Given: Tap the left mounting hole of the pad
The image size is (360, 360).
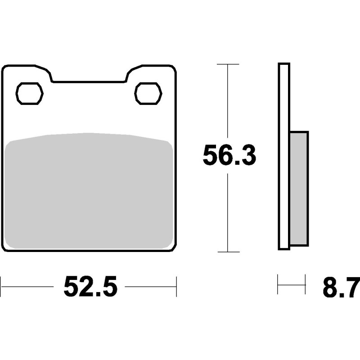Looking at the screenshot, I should (x=30, y=94).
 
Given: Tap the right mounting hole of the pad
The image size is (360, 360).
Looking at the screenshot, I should (x=148, y=94).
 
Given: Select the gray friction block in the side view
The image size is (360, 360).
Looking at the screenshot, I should (x=299, y=188).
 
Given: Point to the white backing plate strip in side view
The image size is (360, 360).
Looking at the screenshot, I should (x=284, y=155).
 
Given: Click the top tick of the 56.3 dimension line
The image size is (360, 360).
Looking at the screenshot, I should (x=228, y=64).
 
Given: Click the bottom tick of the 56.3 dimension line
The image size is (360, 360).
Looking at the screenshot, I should (x=228, y=252).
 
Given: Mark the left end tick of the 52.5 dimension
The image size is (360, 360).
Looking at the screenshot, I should (x=1, y=286).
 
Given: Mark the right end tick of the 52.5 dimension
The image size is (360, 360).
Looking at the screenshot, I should (x=176, y=286).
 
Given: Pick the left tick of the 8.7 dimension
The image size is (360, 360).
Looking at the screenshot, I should (x=278, y=284).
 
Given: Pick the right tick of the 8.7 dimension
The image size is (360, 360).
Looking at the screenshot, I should (x=305, y=284).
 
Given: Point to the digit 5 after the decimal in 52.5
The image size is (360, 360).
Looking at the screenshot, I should (x=108, y=287).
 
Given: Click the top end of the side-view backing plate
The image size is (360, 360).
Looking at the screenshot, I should (x=284, y=64).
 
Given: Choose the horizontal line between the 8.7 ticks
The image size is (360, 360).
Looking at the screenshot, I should (x=292, y=284).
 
